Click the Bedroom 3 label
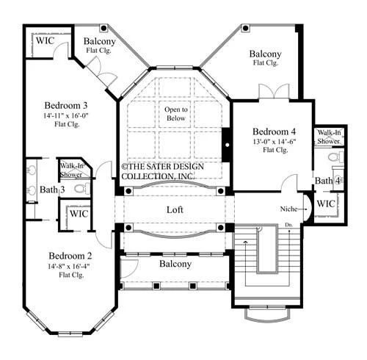click(66, 106)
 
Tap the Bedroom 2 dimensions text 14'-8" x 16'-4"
click(69, 266)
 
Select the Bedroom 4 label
click(274, 132)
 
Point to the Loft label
click(175, 209)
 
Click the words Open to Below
click(176, 114)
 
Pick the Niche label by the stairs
click(288, 209)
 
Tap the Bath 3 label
click(52, 190)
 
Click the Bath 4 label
click(327, 181)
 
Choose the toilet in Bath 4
click(335, 156)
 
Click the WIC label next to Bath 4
click(326, 204)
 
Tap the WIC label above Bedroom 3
click(45, 40)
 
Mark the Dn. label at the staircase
click(288, 225)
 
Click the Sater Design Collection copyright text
click(162, 171)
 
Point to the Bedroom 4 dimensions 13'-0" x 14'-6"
click(275, 142)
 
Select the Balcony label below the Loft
click(175, 264)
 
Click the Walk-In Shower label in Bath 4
click(329, 137)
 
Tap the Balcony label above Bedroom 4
click(265, 54)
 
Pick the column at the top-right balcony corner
click(245, 28)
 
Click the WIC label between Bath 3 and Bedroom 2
click(79, 214)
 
